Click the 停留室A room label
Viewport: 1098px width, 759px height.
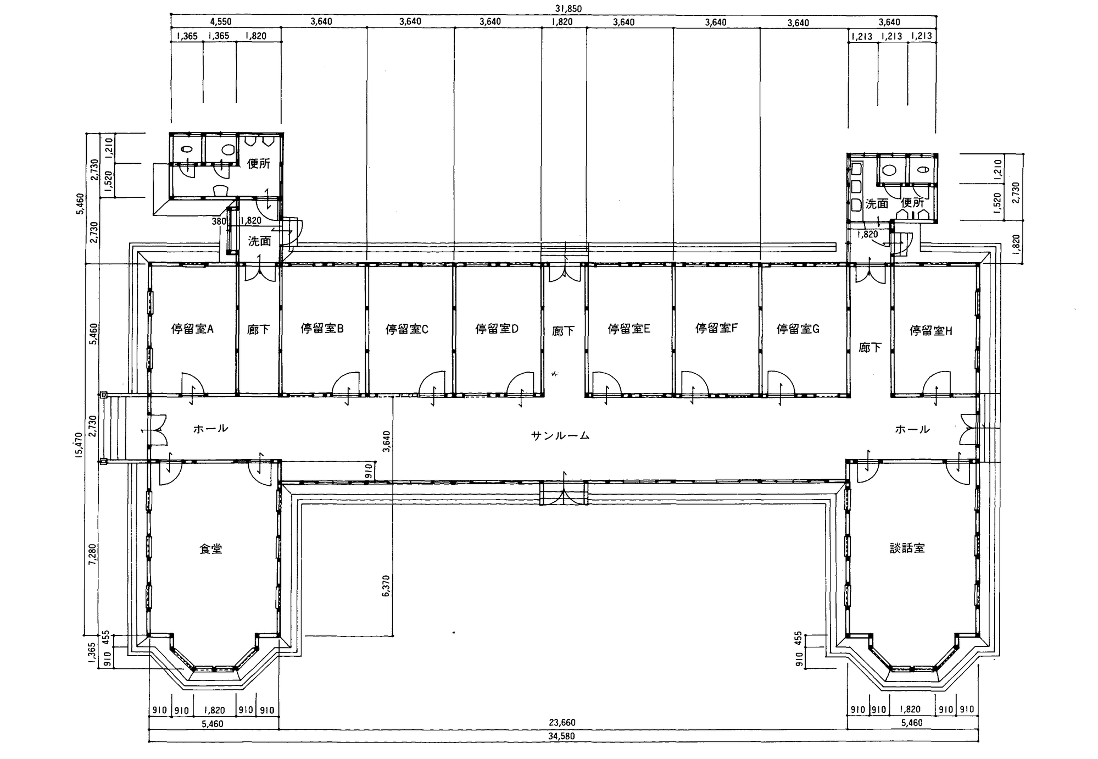192,329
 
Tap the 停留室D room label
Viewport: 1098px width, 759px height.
497,329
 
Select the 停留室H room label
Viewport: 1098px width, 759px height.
931,330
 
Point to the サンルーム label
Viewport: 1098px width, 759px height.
560,436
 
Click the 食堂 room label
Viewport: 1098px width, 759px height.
211,549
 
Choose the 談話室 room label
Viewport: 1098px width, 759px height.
907,548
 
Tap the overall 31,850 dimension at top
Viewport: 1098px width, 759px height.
568,9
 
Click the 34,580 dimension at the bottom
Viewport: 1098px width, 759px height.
562,736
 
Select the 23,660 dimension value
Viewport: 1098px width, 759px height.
562,722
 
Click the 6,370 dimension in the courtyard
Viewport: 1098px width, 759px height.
386,586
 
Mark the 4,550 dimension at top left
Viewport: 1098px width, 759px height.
221,22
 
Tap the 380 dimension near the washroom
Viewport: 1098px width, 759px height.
219,221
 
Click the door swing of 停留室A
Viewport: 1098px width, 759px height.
193,384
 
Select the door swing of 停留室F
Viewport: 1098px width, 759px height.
693,384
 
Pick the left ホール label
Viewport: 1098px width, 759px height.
211,429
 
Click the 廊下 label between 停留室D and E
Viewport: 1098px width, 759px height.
563,331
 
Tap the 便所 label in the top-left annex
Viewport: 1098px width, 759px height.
259,163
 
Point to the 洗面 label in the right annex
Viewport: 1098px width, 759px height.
877,204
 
